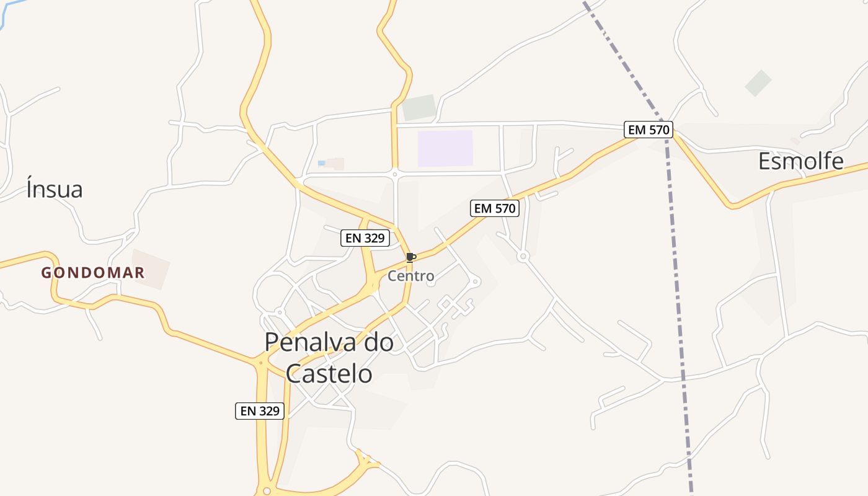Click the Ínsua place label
[x=55, y=189]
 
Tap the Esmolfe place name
[x=800, y=161]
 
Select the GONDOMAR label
[x=93, y=272]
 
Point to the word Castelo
[x=329, y=374]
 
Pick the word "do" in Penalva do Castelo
[x=378, y=342]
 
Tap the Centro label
[x=410, y=276]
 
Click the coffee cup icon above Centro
[x=410, y=257]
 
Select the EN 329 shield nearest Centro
[x=365, y=237]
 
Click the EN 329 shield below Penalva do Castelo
[x=260, y=410]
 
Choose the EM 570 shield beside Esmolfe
[x=649, y=130]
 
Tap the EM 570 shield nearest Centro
[x=494, y=208]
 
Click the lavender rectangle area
[x=445, y=148]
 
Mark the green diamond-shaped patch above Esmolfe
[x=758, y=83]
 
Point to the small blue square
[x=321, y=163]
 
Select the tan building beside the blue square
[x=335, y=164]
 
